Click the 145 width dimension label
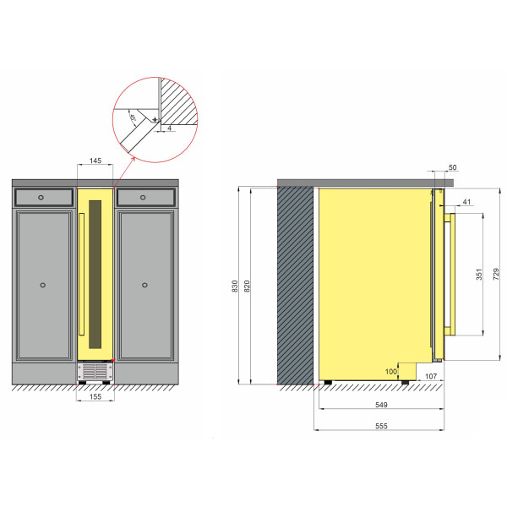pos(95,161)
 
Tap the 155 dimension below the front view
pos(95,397)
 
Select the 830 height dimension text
pos(235,286)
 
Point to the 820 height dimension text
pos(247,286)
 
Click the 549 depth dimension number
pos(381,405)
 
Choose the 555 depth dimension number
pos(381,426)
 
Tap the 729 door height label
pos(496,274)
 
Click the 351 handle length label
pos(479,274)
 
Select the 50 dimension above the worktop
pos(453,167)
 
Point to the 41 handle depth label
pos(466,202)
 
